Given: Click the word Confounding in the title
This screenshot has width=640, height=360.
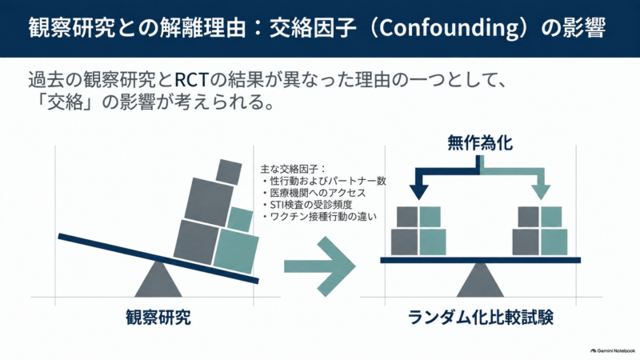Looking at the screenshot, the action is click(x=449, y=28).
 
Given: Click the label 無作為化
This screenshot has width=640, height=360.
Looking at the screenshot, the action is click(x=480, y=143).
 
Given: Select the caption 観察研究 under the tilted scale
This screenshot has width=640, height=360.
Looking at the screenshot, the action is click(x=158, y=317).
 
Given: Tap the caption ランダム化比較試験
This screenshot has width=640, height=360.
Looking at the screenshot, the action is click(x=481, y=317).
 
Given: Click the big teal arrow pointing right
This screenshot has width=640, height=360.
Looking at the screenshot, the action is click(x=320, y=266).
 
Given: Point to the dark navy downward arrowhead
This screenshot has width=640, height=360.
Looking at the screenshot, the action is click(x=418, y=192).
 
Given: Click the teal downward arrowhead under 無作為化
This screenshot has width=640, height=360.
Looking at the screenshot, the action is click(x=542, y=192).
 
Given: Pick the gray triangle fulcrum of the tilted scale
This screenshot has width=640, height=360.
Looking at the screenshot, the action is click(x=158, y=280).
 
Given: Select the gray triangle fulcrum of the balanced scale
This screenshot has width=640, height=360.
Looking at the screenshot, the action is click(x=481, y=280).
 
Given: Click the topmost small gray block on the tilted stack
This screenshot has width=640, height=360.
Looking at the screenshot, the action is click(x=229, y=172).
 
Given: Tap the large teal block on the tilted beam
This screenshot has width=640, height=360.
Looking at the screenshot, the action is click(x=236, y=250).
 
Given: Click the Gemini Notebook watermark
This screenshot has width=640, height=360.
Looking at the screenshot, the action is click(x=613, y=350).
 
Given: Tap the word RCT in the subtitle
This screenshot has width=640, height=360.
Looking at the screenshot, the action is click(x=192, y=79).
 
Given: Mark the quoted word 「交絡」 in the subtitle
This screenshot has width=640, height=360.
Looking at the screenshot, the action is click(x=66, y=102).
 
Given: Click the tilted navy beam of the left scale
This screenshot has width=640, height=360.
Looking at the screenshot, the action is click(x=158, y=258).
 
